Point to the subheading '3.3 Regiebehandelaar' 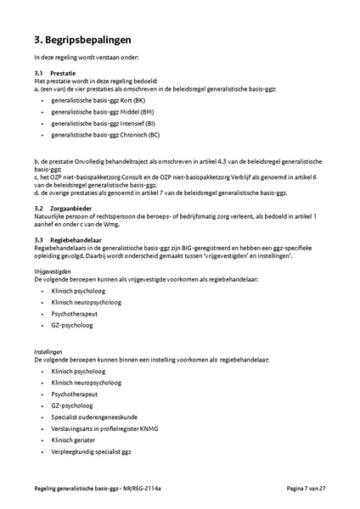(68, 239)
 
